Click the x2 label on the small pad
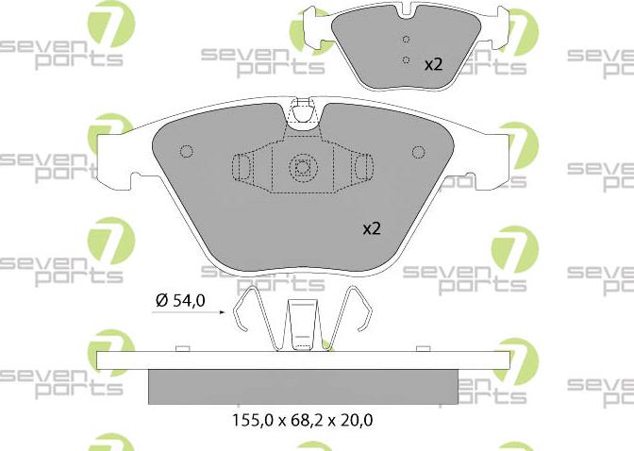433,65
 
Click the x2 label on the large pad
372,229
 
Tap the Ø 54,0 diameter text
180,301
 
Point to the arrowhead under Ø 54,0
222,312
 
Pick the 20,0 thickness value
356,420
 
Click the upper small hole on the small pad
407,40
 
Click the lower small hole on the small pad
407,60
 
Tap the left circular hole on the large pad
187,151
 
